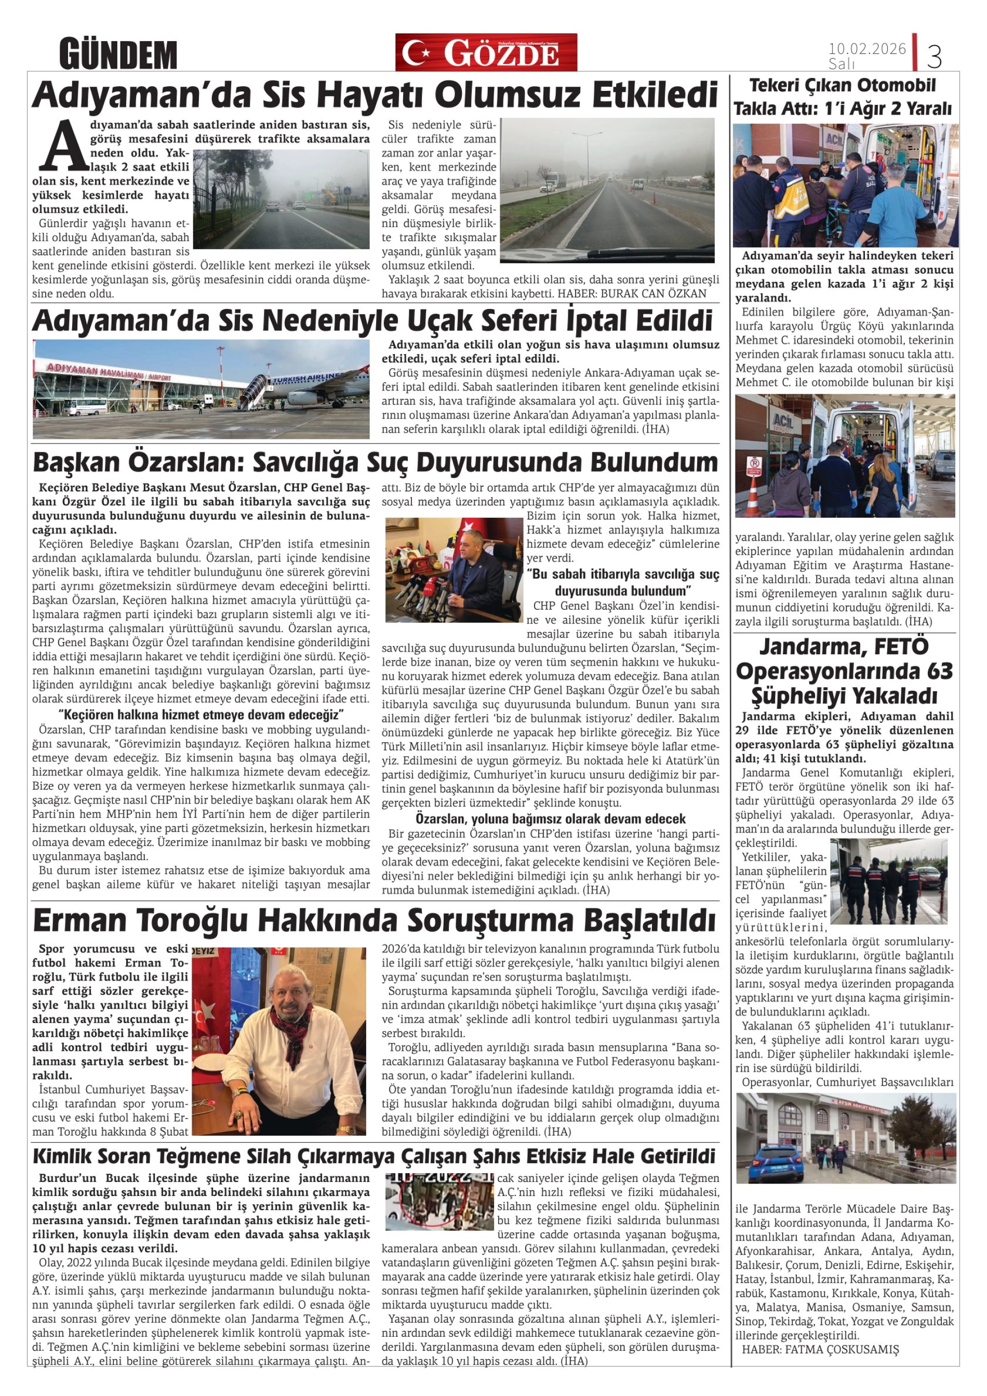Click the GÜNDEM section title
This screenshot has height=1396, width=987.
(118, 55)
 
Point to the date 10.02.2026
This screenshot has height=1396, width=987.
(866, 49)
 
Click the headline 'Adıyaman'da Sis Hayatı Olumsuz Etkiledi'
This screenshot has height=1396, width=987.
(375, 95)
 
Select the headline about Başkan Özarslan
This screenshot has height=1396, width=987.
(375, 463)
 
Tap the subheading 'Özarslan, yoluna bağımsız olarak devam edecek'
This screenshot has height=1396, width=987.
(550, 819)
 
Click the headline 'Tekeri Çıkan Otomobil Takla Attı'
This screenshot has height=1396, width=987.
(842, 97)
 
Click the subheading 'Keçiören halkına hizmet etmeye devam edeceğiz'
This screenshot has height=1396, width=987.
(201, 714)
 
